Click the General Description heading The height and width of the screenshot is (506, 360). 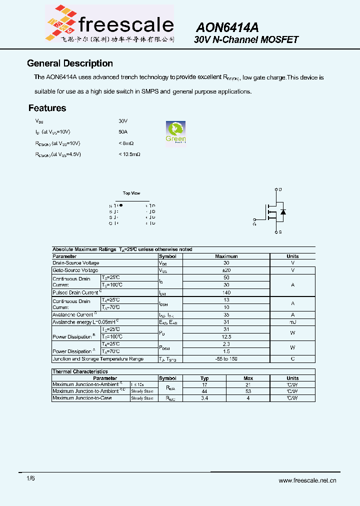click(70, 63)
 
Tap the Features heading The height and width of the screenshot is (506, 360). click(47, 108)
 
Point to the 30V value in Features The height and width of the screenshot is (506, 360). click(123, 121)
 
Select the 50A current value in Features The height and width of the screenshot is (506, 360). click(123, 131)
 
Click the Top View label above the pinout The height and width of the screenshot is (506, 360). click(131, 193)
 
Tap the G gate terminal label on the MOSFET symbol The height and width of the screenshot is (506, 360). click(254, 224)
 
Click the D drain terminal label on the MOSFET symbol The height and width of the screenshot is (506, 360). click(280, 189)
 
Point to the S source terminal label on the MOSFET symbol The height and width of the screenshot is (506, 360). click(280, 232)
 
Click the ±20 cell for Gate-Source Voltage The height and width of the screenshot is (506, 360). click(226, 270)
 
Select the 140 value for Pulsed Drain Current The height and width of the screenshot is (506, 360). click(226, 292)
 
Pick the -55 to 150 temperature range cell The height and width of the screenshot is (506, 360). click(226, 359)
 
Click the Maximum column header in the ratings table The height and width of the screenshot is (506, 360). click(226, 256)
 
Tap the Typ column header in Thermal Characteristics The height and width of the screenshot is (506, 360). click(204, 378)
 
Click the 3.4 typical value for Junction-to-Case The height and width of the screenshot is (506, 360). click(204, 398)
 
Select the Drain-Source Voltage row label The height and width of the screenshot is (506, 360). click(76, 263)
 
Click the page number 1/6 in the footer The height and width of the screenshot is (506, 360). click(30, 478)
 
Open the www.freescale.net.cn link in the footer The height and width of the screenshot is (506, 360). click(307, 480)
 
